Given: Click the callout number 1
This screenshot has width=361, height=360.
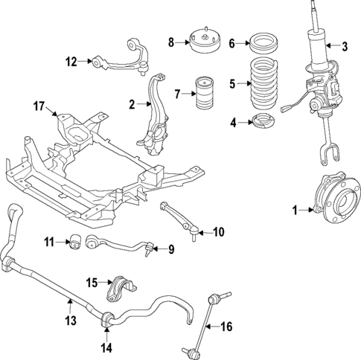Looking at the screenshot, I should click(x=295, y=211).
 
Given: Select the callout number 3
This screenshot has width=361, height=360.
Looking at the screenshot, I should click(x=345, y=47).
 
